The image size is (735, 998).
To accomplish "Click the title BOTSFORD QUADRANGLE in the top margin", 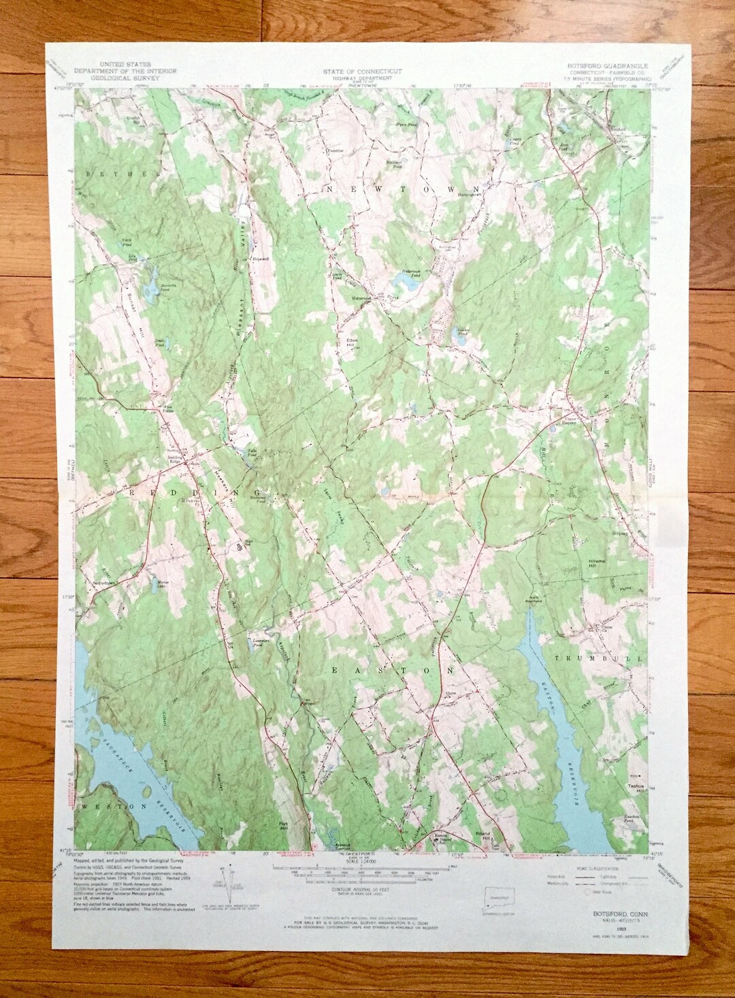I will click(x=608, y=66).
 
